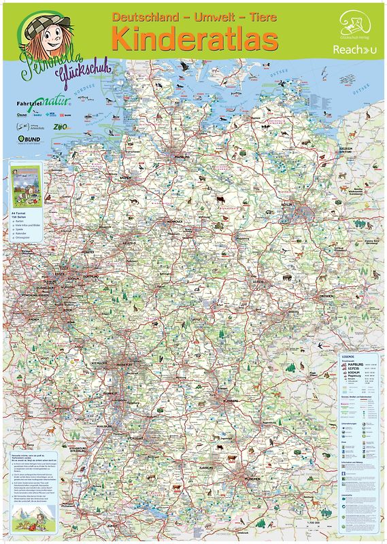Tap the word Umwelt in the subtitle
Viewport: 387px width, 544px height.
click(x=203, y=15)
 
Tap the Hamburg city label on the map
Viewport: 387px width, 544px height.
click(x=181, y=156)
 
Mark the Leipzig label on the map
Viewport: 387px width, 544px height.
click(x=258, y=280)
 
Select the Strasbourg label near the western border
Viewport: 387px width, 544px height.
click(x=77, y=448)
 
